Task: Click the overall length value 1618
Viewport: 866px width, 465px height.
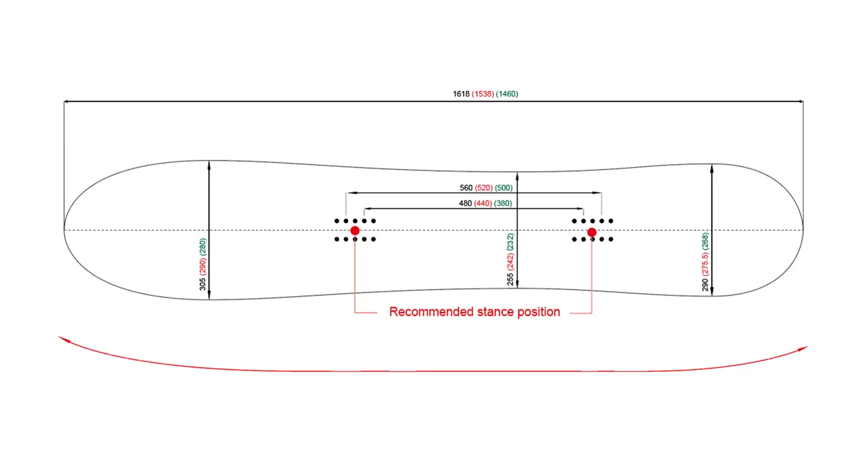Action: (461, 94)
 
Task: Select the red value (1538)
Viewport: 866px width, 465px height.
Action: (483, 94)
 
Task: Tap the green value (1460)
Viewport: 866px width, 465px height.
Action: (507, 94)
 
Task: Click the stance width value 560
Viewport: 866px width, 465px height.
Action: (466, 188)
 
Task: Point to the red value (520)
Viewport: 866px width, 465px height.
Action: (484, 188)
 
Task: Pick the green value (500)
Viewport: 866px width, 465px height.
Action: (504, 188)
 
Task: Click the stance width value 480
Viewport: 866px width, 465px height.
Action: (465, 203)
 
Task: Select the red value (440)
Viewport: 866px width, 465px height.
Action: (483, 203)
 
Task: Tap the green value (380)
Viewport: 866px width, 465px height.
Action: (503, 203)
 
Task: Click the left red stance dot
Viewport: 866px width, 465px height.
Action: (355, 231)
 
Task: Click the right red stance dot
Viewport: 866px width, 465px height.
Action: (592, 232)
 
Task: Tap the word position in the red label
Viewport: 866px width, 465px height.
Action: (538, 312)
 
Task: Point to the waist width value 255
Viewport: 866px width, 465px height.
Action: (511, 279)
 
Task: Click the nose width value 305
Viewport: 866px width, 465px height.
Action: (202, 283)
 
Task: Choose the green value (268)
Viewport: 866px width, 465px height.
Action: (705, 240)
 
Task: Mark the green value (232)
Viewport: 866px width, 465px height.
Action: (511, 242)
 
